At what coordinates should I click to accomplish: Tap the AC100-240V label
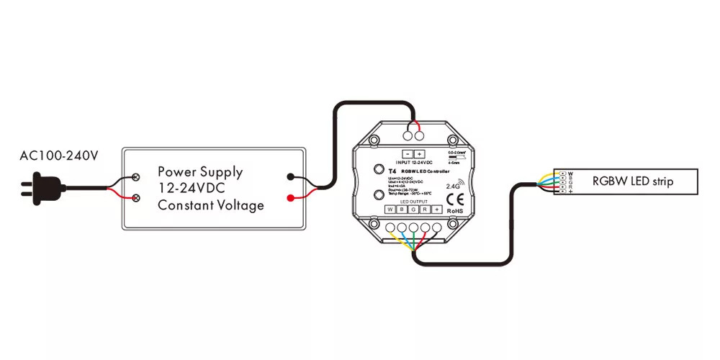pos(58,156)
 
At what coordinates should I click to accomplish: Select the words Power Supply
pos(200,172)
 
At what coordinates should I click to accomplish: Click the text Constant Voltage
pos(211,205)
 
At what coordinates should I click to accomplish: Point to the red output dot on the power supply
pos(289,198)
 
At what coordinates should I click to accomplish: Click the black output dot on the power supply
pos(289,176)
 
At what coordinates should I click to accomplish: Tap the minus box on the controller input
pos(408,153)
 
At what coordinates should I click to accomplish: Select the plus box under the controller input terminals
pos(420,153)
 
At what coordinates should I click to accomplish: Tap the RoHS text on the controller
pos(455,211)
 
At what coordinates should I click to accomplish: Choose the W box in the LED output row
pos(390,210)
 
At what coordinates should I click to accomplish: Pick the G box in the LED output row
pos(413,210)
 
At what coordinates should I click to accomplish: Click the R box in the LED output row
pos(425,210)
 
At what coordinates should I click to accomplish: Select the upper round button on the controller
pos(378,170)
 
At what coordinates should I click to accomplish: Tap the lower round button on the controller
pos(378,196)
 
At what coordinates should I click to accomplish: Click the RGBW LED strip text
pos(633,181)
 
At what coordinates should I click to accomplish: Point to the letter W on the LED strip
pos(570,174)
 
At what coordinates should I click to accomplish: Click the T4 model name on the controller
pos(392,171)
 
